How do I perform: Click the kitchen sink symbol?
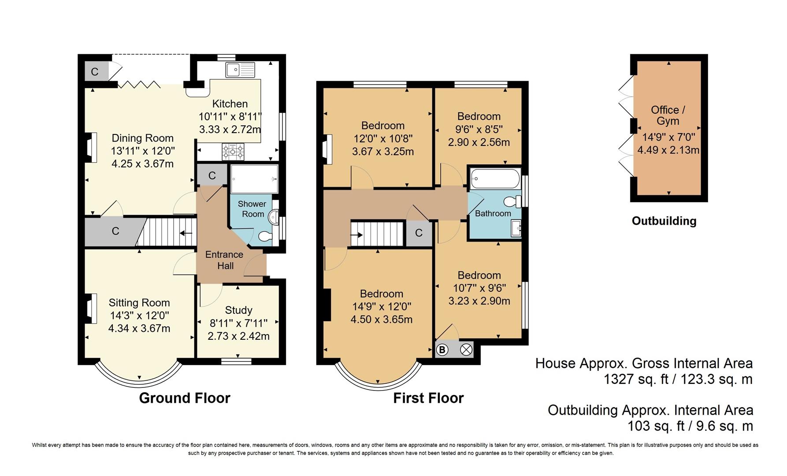click(x=240, y=70)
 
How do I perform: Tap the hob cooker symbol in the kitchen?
click(x=233, y=152)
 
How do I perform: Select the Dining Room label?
click(x=142, y=138)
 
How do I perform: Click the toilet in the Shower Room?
click(x=265, y=237)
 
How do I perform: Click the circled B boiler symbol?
click(x=442, y=350)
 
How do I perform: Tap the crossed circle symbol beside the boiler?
click(x=466, y=350)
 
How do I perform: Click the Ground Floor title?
click(x=185, y=398)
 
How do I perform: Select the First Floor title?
click(x=428, y=398)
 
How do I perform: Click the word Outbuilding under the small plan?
click(x=664, y=221)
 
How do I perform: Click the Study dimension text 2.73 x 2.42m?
click(x=238, y=336)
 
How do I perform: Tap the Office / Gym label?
click(x=668, y=115)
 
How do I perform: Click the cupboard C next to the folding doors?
click(x=95, y=71)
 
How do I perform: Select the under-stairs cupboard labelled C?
click(x=115, y=231)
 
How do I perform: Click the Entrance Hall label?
click(x=224, y=260)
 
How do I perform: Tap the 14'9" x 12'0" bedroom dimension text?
click(x=381, y=307)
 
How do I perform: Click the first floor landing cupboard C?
click(x=419, y=233)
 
